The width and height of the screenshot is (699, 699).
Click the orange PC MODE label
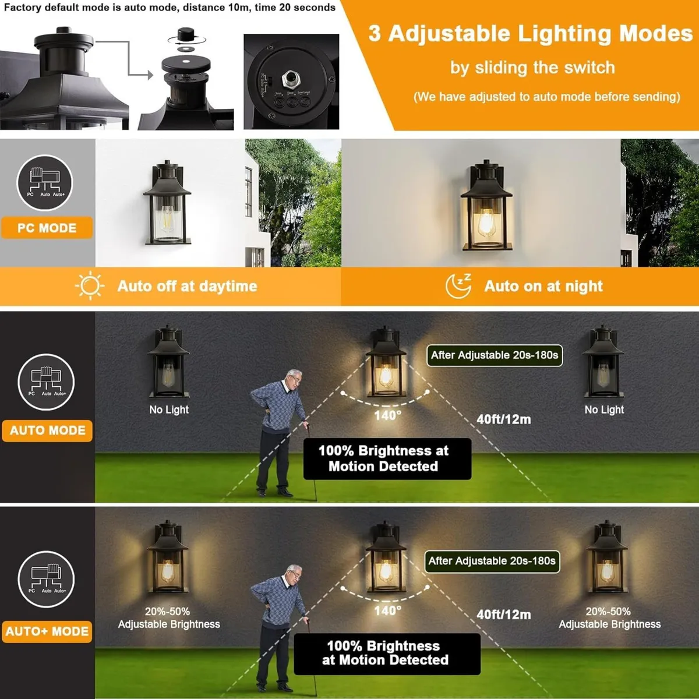click(x=47, y=228)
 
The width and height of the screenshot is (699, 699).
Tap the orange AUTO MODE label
click(x=47, y=430)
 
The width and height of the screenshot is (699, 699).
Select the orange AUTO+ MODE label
click(x=47, y=631)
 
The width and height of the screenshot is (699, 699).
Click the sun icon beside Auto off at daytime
click(x=90, y=285)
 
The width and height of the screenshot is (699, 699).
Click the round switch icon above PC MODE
click(x=45, y=183)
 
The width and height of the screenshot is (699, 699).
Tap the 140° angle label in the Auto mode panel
click(x=387, y=415)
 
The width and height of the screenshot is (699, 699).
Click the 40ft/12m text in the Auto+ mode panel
click(x=503, y=615)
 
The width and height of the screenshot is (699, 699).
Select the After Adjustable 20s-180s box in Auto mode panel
click(x=494, y=355)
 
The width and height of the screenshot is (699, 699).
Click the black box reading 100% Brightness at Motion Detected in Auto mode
click(x=387, y=458)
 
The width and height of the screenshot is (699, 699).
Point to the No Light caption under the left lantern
click(x=169, y=409)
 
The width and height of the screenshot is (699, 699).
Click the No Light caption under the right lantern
click(x=604, y=409)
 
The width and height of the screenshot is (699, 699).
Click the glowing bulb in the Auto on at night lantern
click(x=486, y=223)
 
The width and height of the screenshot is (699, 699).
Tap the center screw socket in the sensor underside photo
click(x=290, y=78)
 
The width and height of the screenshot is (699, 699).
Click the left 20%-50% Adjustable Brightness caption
click(x=169, y=617)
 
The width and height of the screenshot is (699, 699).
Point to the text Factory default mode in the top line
click(x=53, y=8)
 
